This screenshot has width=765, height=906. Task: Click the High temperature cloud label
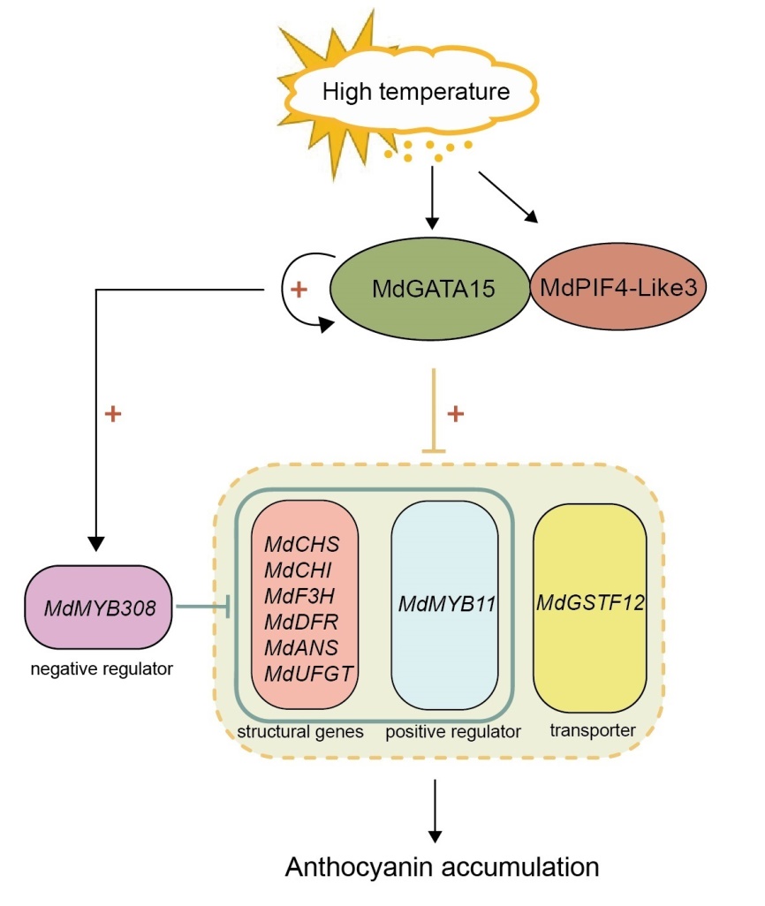415,92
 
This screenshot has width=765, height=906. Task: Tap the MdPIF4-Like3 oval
617,288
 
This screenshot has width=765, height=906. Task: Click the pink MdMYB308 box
101,607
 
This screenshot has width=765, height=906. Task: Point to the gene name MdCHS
301,540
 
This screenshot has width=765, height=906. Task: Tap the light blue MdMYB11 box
444,605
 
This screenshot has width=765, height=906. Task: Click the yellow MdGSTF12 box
589,605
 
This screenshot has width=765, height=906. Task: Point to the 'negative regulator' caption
100,668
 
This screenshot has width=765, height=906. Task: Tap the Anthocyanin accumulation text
442,866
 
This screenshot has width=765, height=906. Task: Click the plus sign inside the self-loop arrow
299,291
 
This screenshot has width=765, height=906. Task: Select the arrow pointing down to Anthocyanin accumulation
434,809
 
